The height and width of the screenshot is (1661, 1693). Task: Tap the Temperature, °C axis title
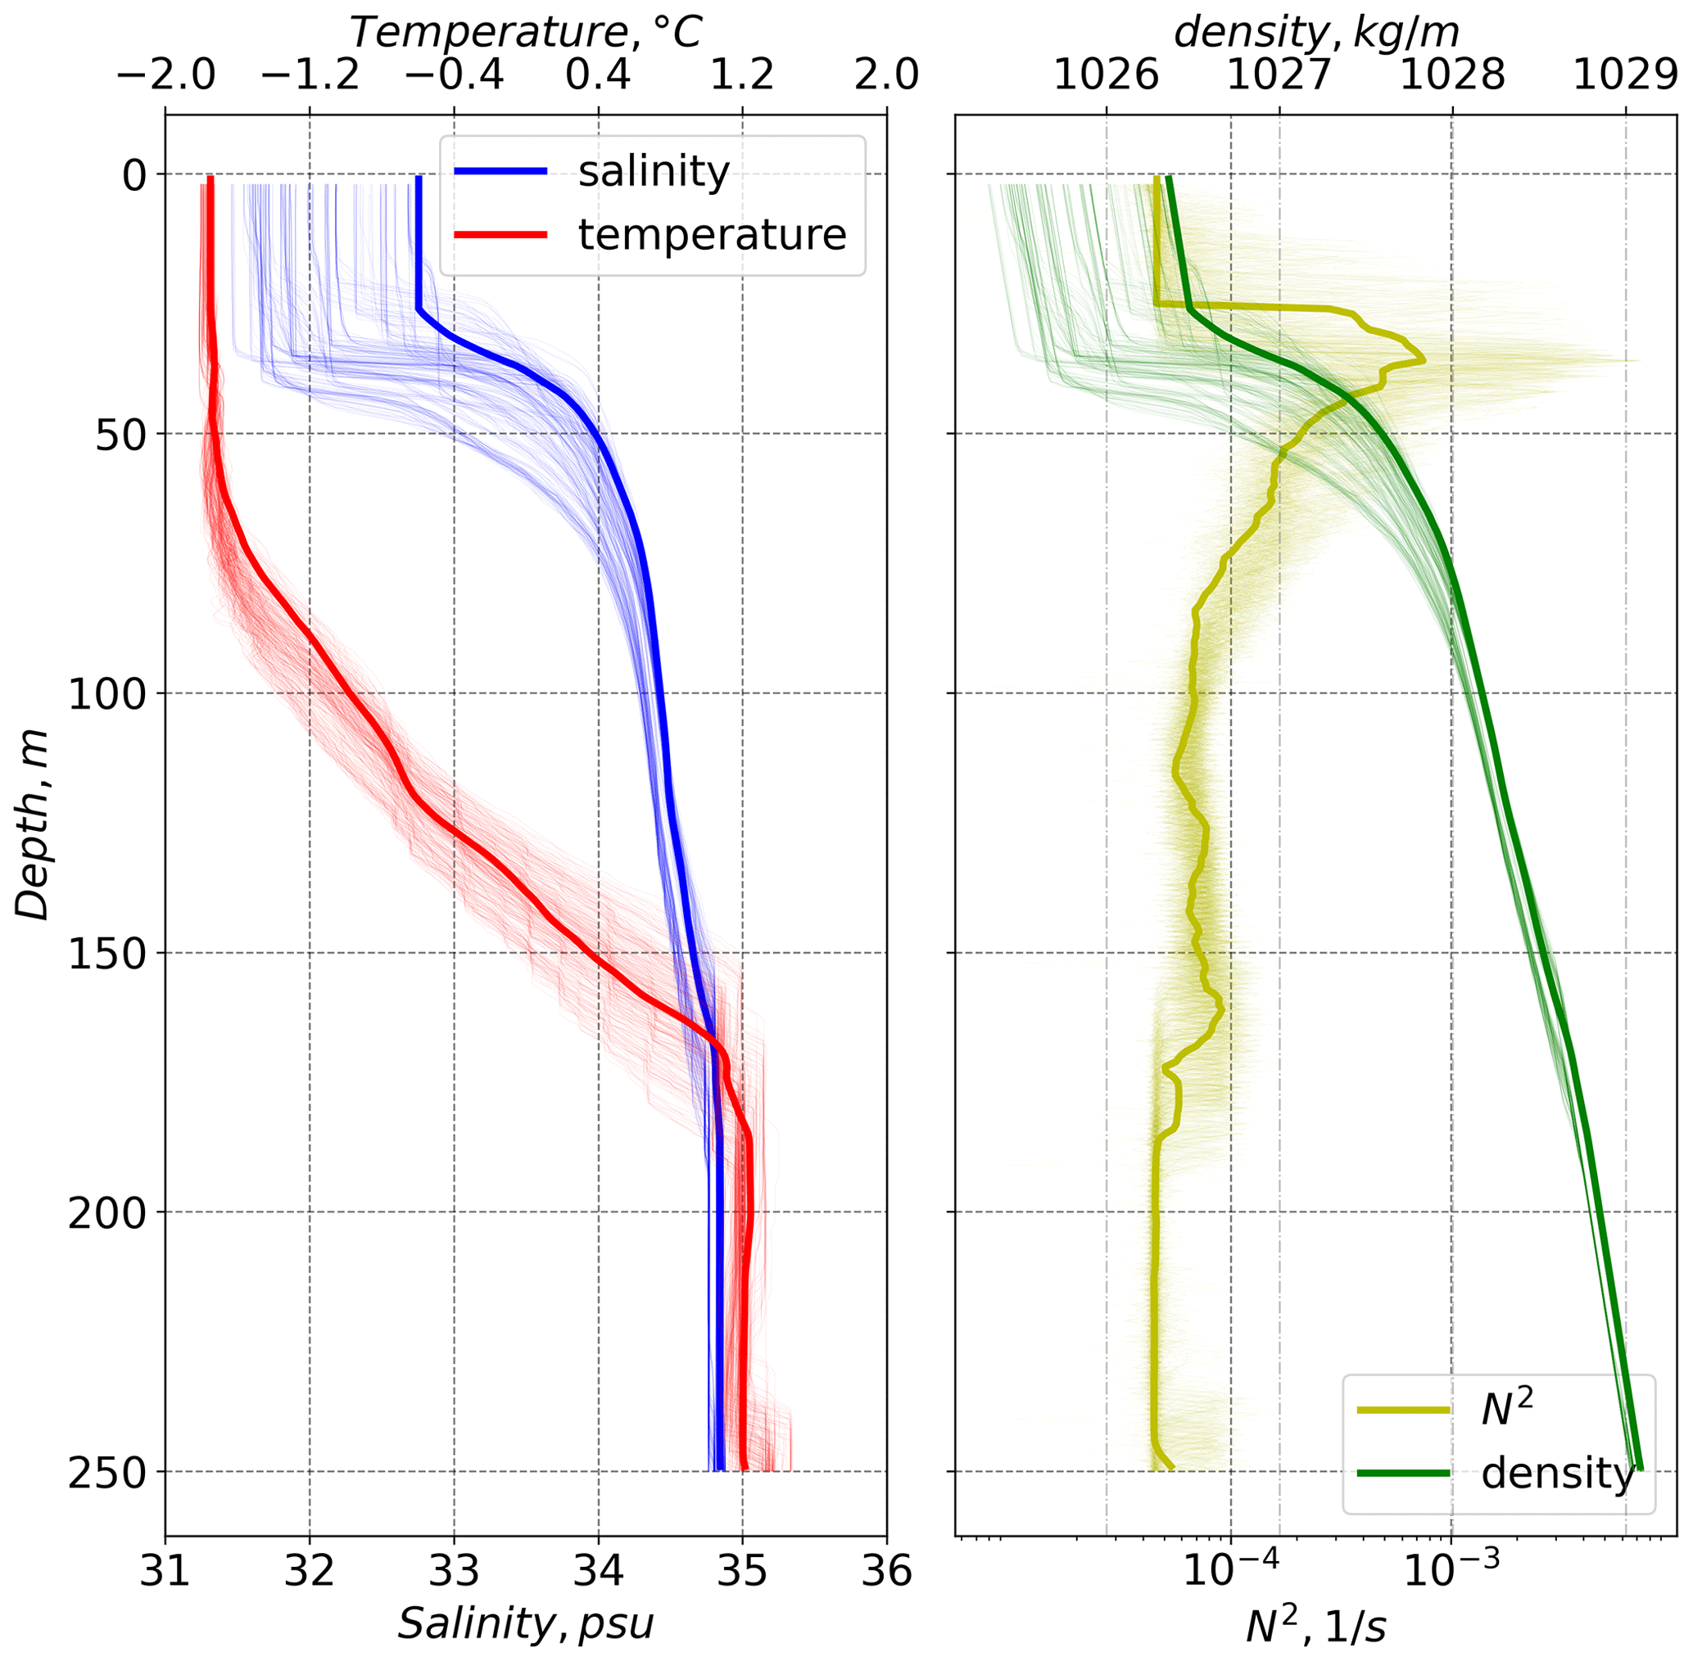coord(525,32)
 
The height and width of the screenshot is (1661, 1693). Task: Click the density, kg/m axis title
coord(1316,32)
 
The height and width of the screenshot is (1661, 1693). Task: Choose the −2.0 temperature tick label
coord(165,77)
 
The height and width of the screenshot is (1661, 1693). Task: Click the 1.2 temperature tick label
coord(743,77)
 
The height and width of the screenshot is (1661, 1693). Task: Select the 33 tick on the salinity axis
coord(454,1572)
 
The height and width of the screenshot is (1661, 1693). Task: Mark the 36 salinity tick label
coord(887,1572)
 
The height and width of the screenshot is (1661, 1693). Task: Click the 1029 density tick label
coord(1625,77)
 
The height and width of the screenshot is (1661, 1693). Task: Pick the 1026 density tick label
coord(1107,77)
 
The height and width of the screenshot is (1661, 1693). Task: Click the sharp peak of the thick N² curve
coord(1424,359)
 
